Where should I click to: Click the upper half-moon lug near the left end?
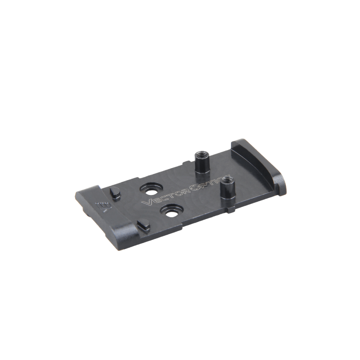pos(115,193)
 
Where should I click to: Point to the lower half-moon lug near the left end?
pos(142,226)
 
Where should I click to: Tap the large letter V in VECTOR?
pos(147,203)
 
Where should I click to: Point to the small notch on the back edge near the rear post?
pos(183,162)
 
